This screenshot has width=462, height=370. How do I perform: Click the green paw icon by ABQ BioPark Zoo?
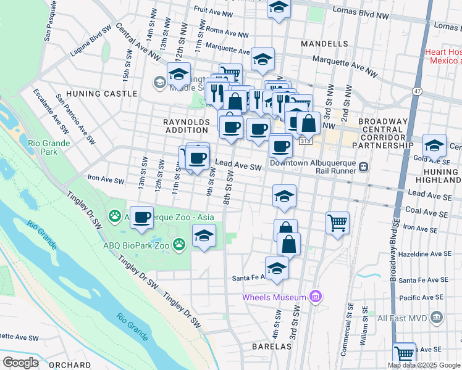pos(179,244)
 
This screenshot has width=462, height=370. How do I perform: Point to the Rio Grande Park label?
pos(49,147)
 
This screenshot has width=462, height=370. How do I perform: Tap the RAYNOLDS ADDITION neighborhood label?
pos(186,126)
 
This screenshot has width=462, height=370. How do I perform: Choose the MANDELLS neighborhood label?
pos(324,44)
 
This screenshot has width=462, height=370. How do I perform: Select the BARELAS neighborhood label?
pos(272,347)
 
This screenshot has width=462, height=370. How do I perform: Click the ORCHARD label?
pos(72,365)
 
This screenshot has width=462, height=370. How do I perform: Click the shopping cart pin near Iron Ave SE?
pos(338,221)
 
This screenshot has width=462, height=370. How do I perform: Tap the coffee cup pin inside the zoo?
pos(141,216)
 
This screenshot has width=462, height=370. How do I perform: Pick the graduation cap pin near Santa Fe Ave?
pos(277,268)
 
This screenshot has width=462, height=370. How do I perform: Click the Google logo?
pos(20,363)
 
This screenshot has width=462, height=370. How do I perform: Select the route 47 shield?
pos(418,91)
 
